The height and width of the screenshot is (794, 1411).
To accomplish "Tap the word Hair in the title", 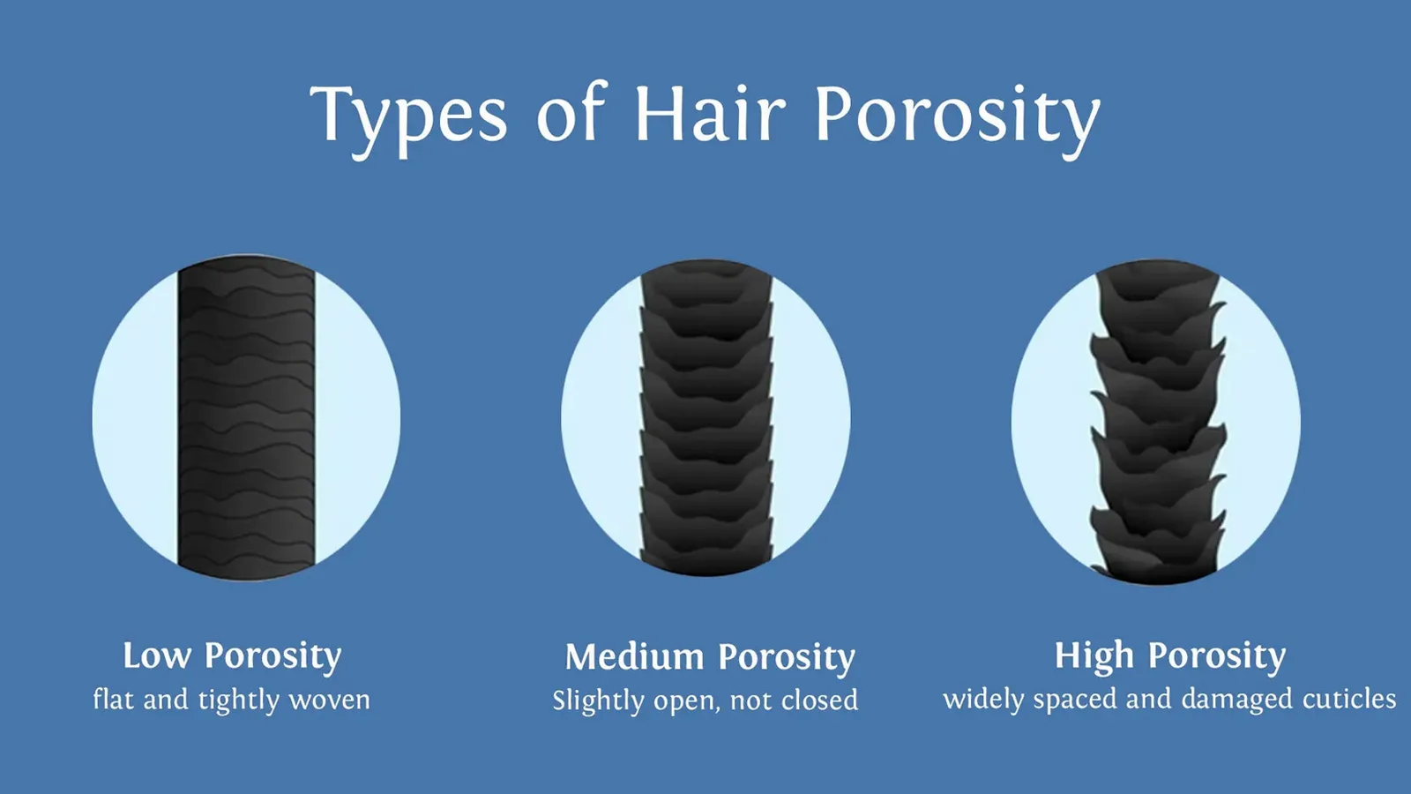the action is [x=711, y=114].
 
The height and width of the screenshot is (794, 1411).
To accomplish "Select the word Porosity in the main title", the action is [x=958, y=120].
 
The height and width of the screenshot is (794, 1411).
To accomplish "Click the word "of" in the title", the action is [x=571, y=113].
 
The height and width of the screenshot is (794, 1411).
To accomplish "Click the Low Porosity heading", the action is [x=232, y=657].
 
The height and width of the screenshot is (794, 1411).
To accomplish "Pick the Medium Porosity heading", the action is [x=710, y=658].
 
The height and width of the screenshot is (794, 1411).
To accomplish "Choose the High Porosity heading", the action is [x=1170, y=657].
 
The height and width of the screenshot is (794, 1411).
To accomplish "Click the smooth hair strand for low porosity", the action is [x=246, y=418].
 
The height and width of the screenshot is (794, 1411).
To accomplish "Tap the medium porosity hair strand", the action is [x=706, y=418].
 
